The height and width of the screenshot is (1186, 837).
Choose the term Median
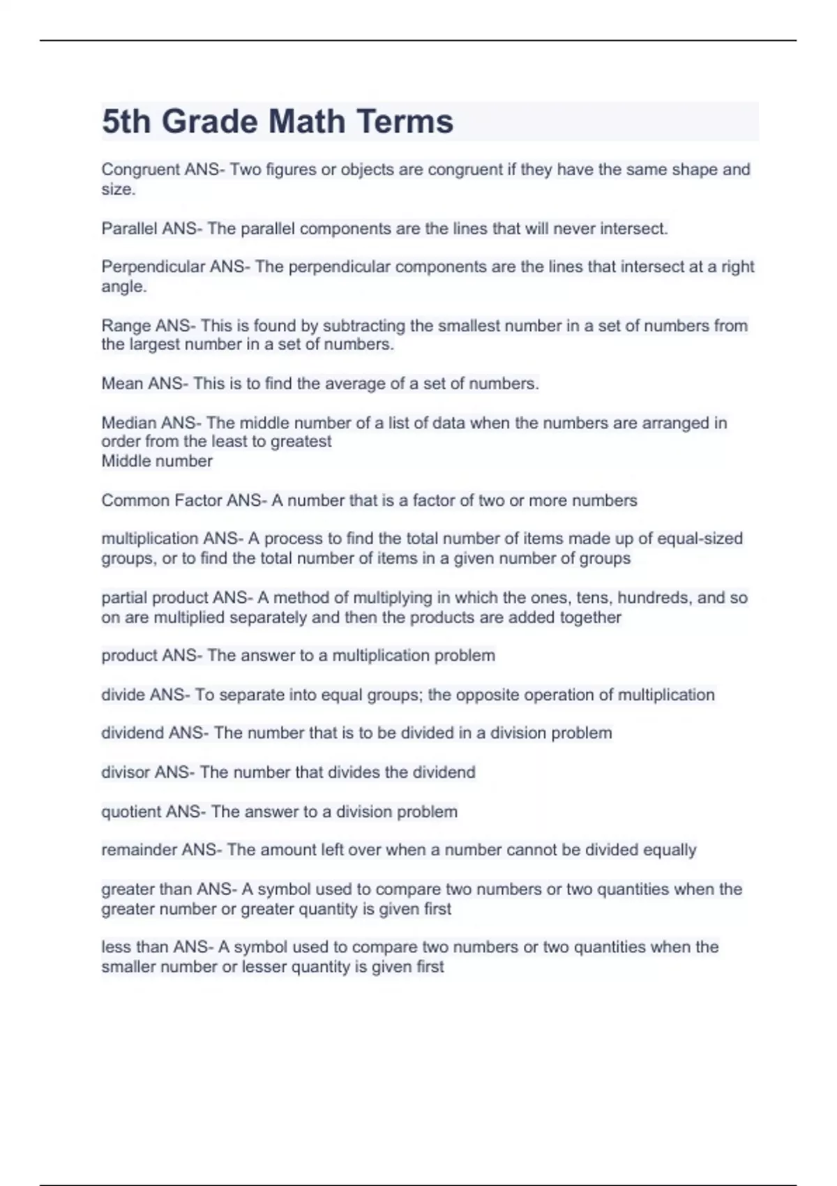(128, 423)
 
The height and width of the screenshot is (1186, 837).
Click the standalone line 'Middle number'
(157, 461)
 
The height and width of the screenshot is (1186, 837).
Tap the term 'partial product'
(154, 598)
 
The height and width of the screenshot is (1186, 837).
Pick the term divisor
(126, 772)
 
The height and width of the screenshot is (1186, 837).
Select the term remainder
(139, 850)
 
